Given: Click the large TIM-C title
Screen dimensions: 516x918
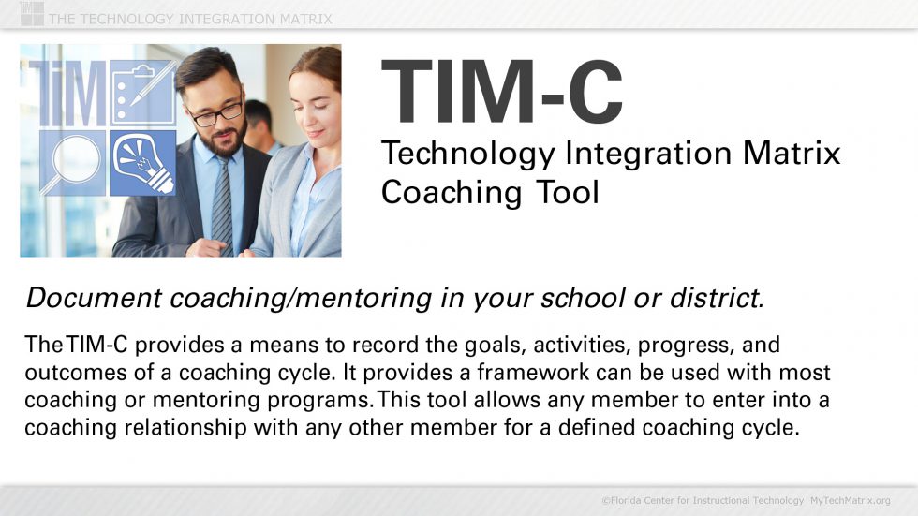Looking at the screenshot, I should [x=502, y=90].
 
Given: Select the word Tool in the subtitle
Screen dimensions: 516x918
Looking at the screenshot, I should [x=568, y=193].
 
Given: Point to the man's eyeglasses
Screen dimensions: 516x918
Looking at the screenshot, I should [x=216, y=112].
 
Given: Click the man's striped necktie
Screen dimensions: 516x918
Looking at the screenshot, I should [x=221, y=201].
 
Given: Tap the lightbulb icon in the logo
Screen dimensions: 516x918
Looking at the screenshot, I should [x=142, y=162].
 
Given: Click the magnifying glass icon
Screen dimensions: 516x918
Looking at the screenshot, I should [x=72, y=161].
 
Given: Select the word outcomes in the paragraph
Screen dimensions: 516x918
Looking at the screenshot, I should [x=68, y=373].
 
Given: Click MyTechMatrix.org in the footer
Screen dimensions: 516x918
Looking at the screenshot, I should [x=850, y=501].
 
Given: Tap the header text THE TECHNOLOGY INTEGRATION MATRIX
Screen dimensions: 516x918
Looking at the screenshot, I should [x=189, y=19].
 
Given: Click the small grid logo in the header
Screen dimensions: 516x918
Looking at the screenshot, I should [x=31, y=13].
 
